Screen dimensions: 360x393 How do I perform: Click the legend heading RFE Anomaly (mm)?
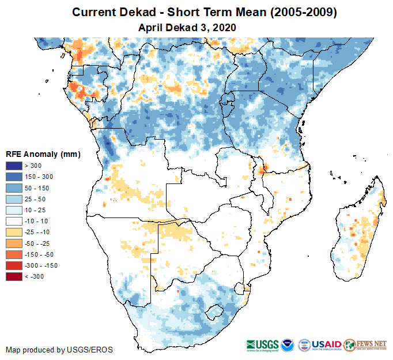coord(43,154)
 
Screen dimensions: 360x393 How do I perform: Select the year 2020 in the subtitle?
coord(224,27)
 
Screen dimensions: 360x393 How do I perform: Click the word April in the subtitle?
coord(151,27)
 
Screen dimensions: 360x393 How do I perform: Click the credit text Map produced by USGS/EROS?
coord(59,350)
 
